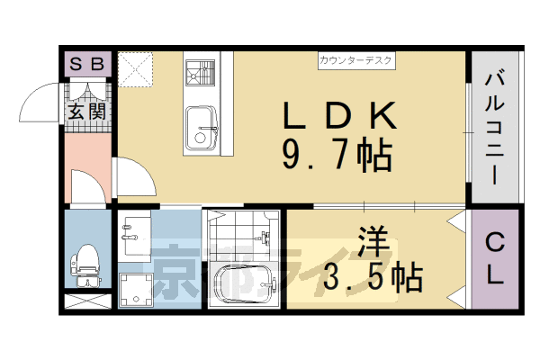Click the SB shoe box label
click(x=87, y=64)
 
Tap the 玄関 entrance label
click(x=88, y=112)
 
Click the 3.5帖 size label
click(x=373, y=277)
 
